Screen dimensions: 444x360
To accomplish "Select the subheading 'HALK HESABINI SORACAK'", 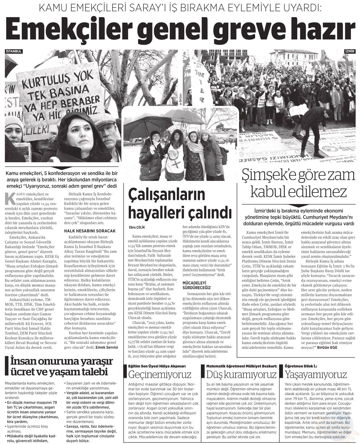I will [86, 231].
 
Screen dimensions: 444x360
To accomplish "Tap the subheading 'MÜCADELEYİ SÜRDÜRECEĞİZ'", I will [196, 285].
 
